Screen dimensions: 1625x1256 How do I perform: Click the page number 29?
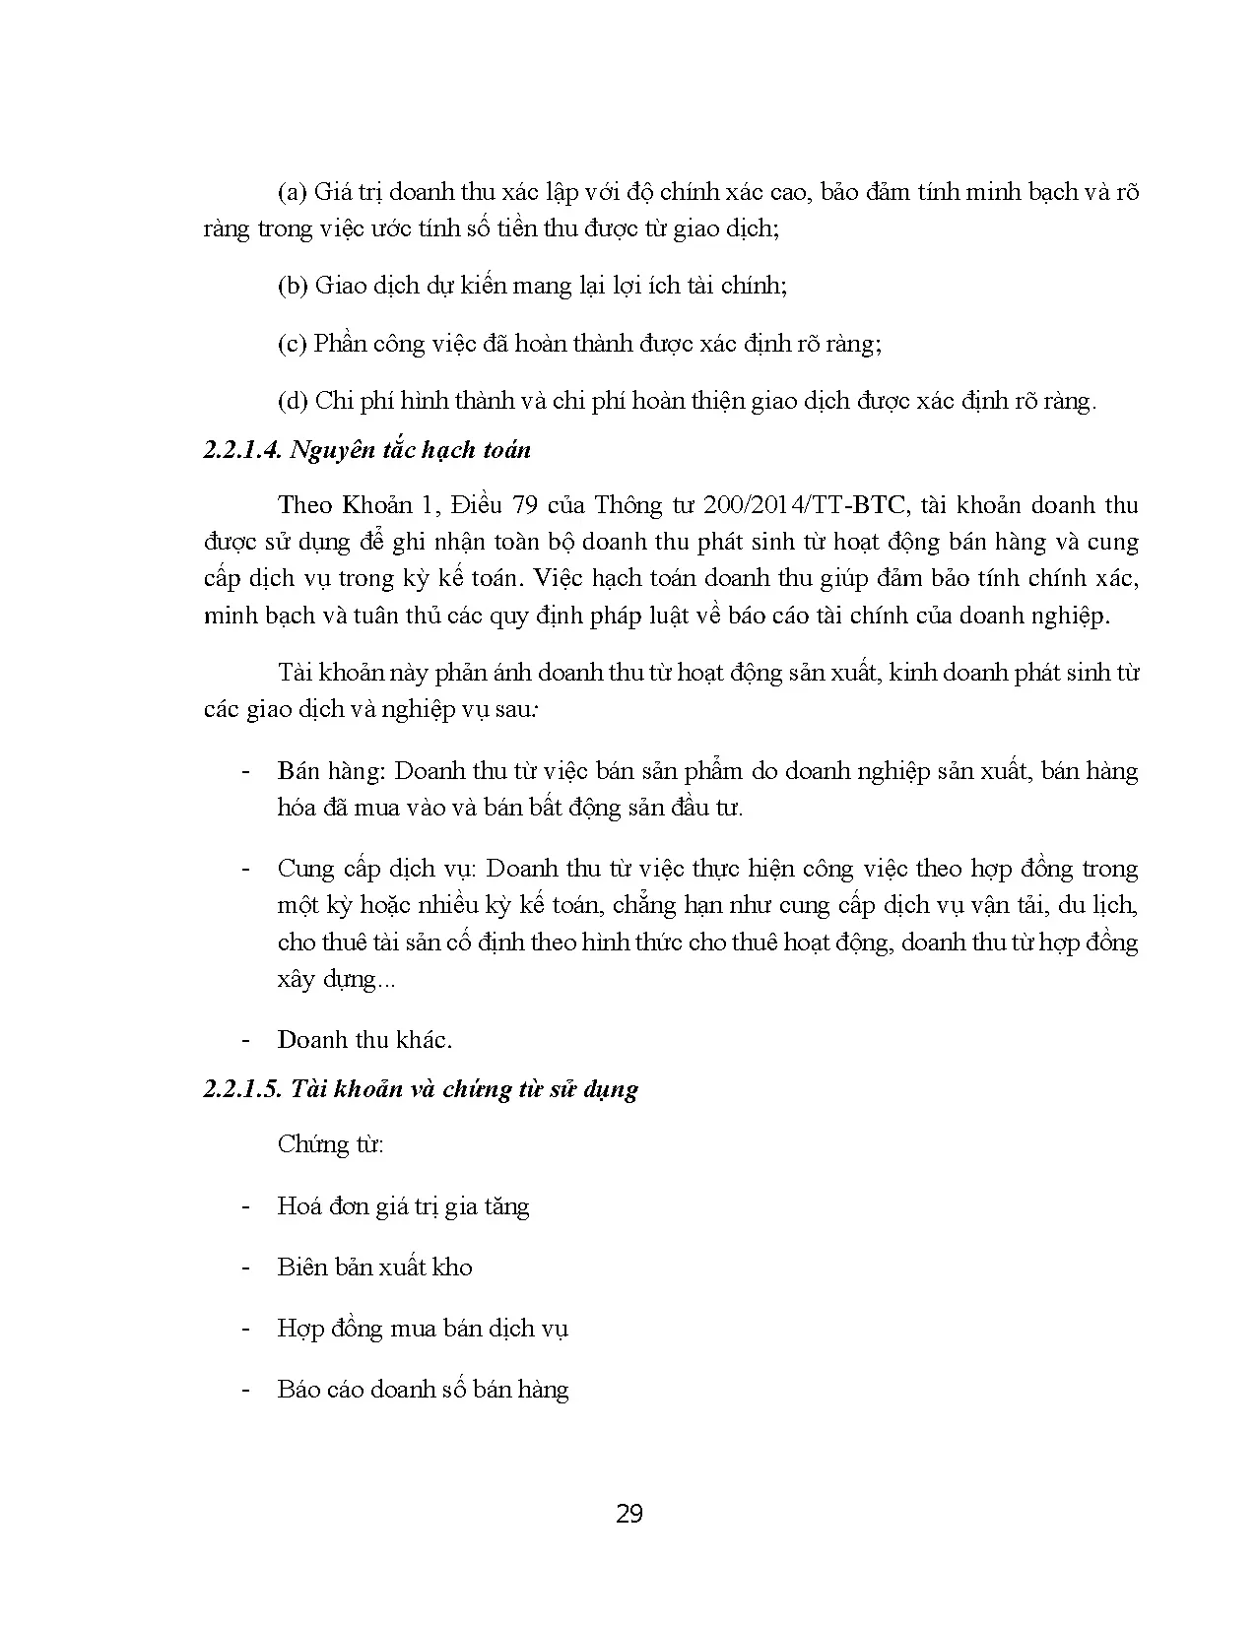(x=628, y=1514)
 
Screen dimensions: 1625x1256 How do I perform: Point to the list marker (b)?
(x=294, y=287)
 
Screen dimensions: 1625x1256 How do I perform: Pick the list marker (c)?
(x=293, y=344)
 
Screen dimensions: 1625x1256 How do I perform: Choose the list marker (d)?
(x=294, y=401)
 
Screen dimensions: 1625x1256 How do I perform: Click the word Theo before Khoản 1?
(x=305, y=505)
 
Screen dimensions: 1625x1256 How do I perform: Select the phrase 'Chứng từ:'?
(x=330, y=1144)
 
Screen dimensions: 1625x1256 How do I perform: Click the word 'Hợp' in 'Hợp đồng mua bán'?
(x=300, y=1330)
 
